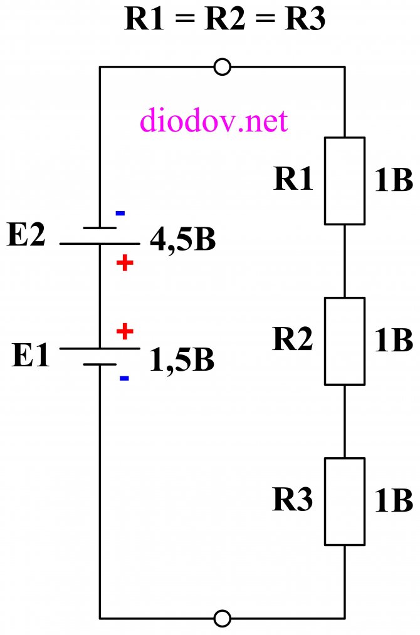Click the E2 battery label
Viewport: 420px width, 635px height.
pyautogui.click(x=26, y=234)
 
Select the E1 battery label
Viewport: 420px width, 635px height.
pyautogui.click(x=31, y=355)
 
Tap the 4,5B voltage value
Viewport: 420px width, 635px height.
pyautogui.click(x=183, y=240)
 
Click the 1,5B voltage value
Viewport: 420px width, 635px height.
pyautogui.click(x=182, y=360)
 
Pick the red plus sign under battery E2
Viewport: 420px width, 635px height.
pyautogui.click(x=125, y=263)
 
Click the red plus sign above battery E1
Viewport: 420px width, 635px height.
pyautogui.click(x=125, y=332)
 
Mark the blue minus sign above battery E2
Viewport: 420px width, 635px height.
pyautogui.click(x=120, y=213)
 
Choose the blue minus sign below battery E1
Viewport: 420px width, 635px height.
pyautogui.click(x=125, y=378)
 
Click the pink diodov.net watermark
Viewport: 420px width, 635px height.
pyautogui.click(x=214, y=120)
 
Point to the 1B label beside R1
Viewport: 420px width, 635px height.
pyautogui.click(x=394, y=180)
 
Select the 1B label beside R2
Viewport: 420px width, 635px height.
pyautogui.click(x=394, y=340)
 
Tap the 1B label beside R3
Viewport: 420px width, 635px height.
pyautogui.click(x=394, y=501)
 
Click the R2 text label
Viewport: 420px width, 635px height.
pyautogui.click(x=293, y=339)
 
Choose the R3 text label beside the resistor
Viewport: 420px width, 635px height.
pyautogui.click(x=293, y=499)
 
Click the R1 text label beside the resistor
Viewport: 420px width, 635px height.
pyautogui.click(x=293, y=178)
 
